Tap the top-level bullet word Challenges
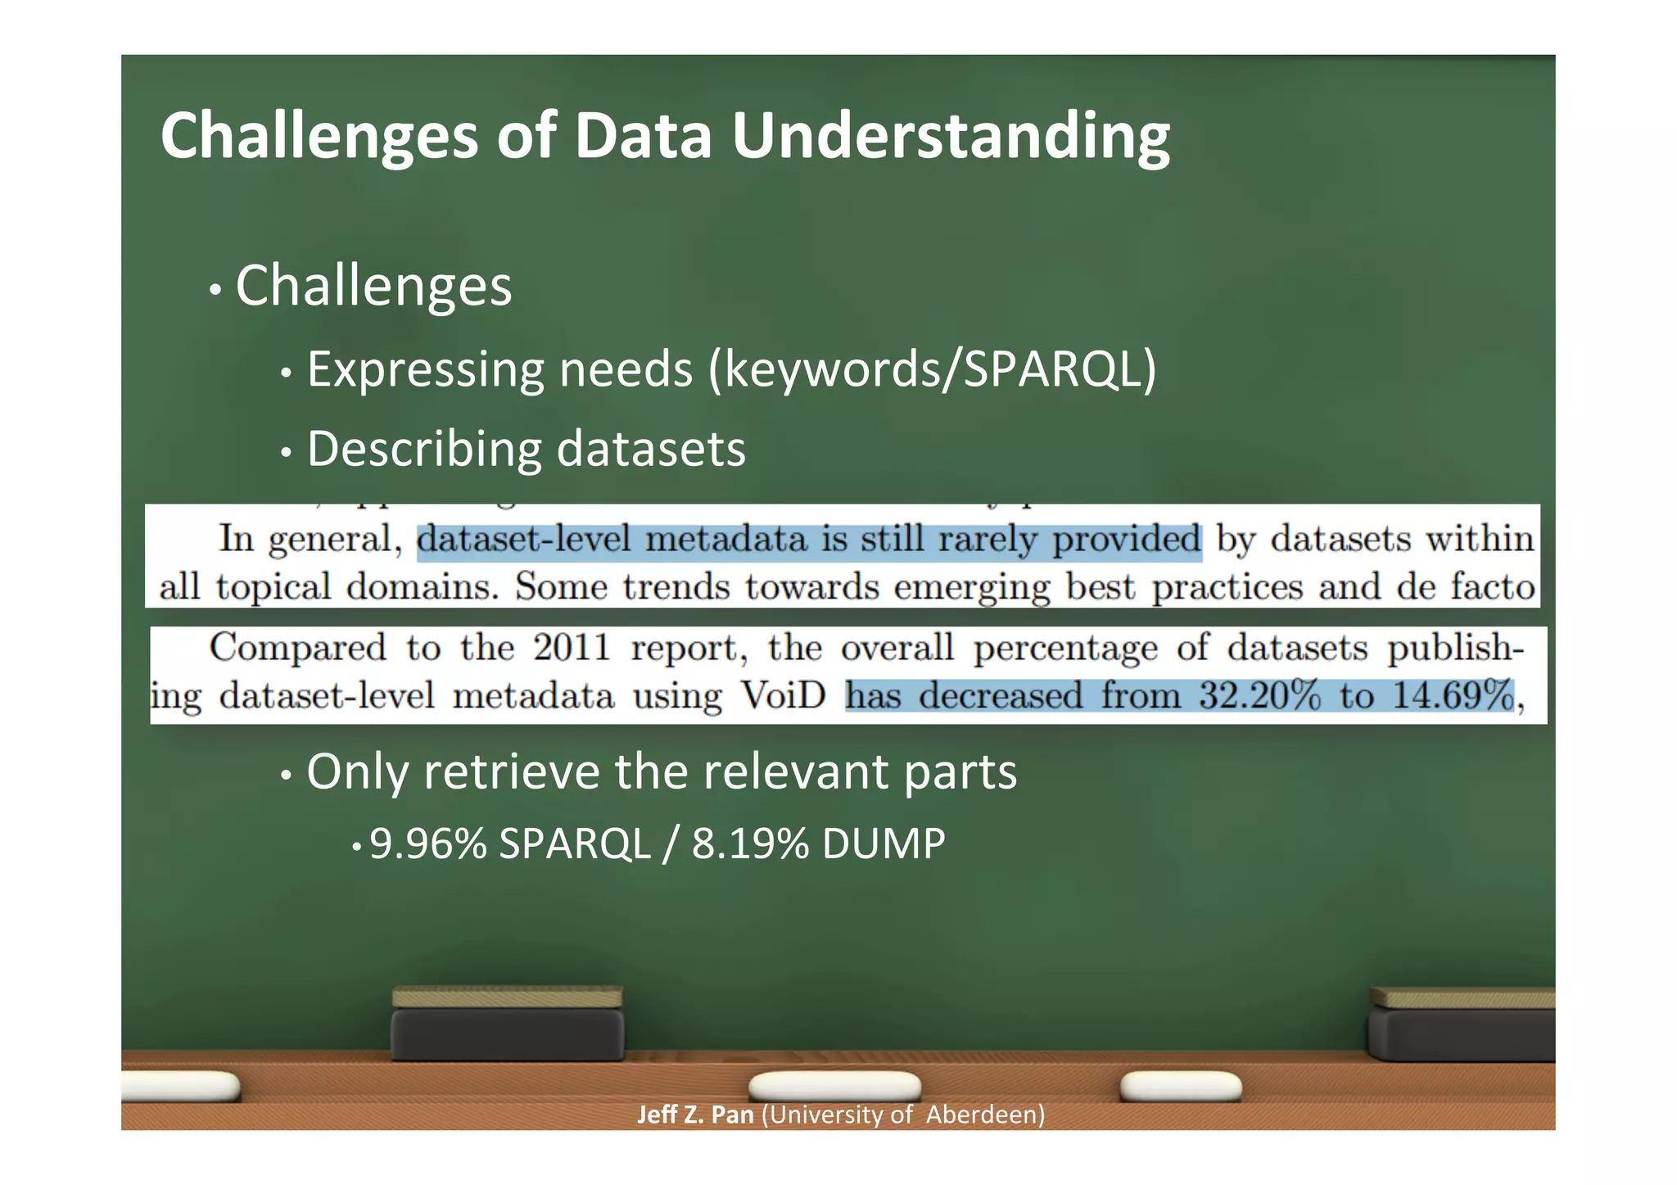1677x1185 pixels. coord(373,286)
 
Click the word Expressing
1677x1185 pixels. coord(425,369)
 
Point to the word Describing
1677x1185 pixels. coord(424,449)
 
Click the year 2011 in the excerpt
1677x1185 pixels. coord(572,648)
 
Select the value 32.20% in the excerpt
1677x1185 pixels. coord(1259,696)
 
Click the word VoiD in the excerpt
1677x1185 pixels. coord(784,696)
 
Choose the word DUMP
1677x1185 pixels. coord(884,844)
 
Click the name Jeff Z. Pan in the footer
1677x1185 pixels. coord(695,1115)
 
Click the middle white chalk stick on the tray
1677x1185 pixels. coord(834,1086)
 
